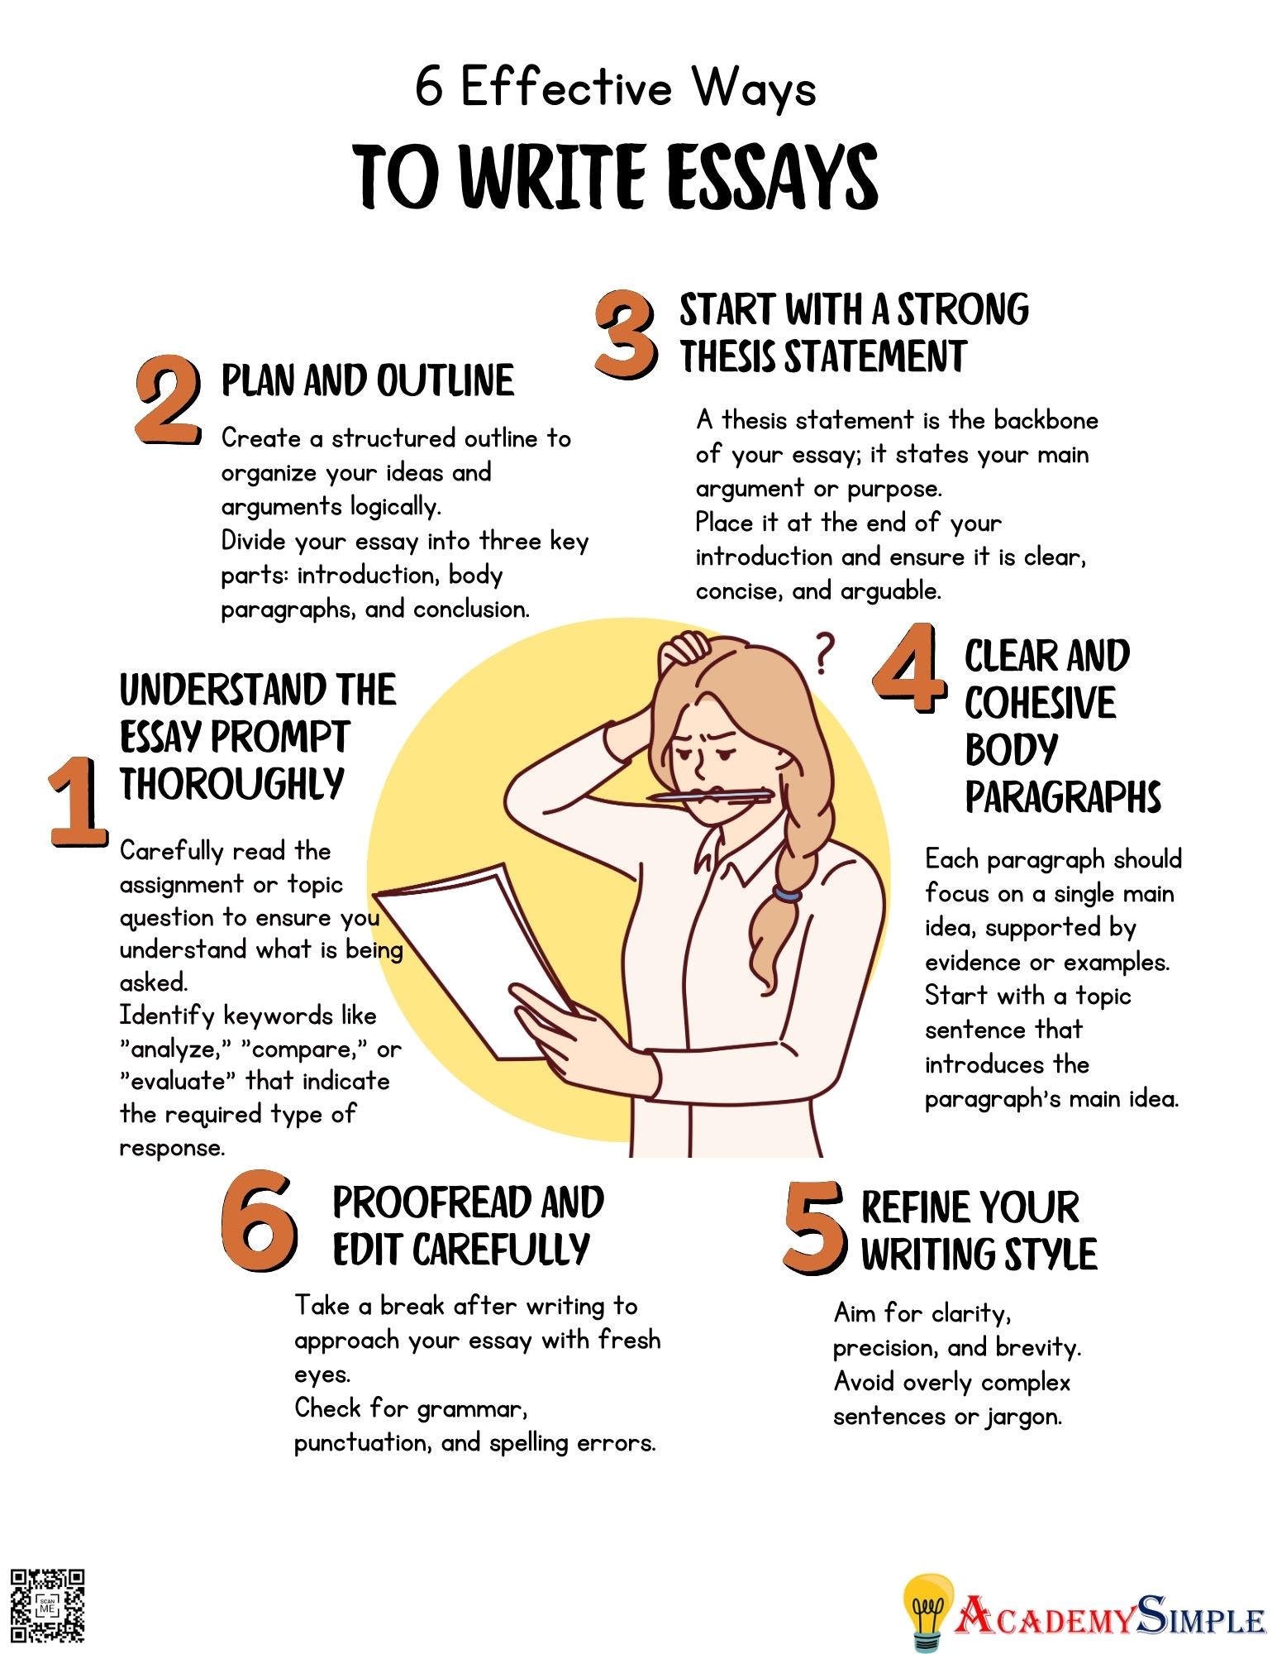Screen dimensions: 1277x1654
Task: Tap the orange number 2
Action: (168, 400)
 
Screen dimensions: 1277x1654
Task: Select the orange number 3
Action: (627, 335)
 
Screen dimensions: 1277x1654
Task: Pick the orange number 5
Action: (815, 1227)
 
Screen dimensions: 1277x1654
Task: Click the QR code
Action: (47, 1605)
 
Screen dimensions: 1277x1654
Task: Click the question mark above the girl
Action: (823, 653)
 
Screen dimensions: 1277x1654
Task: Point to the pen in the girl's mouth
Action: (710, 796)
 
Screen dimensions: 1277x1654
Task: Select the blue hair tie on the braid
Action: (787, 893)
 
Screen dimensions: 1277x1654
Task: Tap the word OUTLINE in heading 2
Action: (446, 380)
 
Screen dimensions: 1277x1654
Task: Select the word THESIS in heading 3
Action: (728, 356)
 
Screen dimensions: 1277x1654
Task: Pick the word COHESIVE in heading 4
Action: (1040, 703)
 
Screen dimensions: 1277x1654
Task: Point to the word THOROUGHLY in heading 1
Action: (232, 783)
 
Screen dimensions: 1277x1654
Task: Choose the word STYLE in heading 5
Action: (1050, 1254)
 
